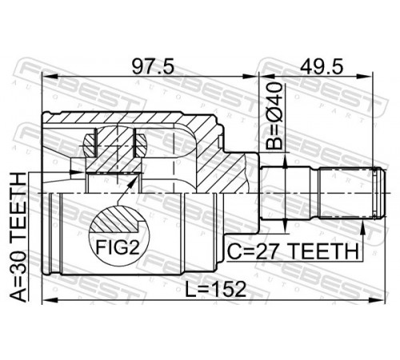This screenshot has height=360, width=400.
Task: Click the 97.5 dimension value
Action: [153, 66]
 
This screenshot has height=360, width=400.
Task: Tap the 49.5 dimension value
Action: [322, 66]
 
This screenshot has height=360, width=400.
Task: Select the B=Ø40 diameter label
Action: [274, 116]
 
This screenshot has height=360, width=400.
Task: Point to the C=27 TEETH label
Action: [293, 251]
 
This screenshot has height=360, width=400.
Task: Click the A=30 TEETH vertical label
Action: [18, 237]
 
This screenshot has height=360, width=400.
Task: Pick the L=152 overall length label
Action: [215, 290]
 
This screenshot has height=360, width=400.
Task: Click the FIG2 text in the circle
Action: [118, 247]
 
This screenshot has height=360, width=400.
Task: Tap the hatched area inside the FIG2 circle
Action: [114, 219]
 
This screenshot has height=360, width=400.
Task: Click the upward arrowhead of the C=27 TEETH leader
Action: [362, 226]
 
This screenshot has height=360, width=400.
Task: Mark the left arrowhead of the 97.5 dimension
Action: [50, 77]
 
